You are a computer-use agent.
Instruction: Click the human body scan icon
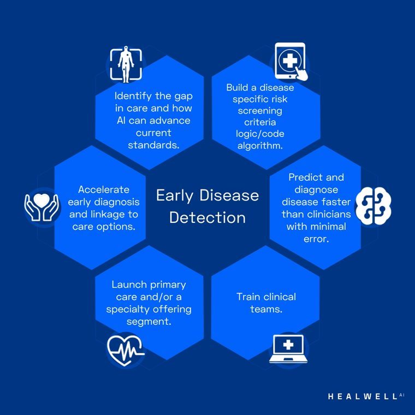click(126, 64)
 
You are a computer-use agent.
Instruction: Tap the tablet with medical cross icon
click(291, 61)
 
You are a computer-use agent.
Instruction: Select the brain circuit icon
click(373, 206)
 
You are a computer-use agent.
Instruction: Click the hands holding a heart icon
click(41, 207)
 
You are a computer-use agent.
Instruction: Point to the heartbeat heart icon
click(126, 351)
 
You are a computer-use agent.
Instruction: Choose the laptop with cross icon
click(288, 349)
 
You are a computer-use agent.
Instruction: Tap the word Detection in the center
click(207, 218)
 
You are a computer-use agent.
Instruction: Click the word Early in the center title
click(175, 196)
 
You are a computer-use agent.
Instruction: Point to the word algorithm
click(260, 146)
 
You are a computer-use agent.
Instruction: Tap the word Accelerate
click(104, 189)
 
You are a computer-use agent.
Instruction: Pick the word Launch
click(129, 284)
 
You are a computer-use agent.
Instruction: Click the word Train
click(248, 297)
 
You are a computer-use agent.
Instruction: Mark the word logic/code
click(260, 134)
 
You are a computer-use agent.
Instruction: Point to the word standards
click(153, 145)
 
